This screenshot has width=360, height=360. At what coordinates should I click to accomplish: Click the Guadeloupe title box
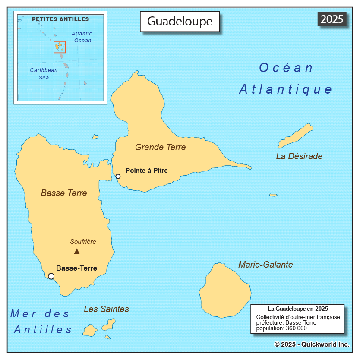coord(180,21)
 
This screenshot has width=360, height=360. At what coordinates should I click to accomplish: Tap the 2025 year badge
coord(332,19)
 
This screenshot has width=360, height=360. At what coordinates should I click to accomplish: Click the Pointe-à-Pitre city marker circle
coord(118,176)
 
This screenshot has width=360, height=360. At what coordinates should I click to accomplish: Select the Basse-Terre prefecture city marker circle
coord(51,276)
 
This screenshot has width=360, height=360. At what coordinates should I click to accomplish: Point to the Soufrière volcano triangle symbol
coord(77,251)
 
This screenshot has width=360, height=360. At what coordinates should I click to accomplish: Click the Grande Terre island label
coord(160,147)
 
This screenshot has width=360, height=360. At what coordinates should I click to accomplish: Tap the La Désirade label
coord(299,156)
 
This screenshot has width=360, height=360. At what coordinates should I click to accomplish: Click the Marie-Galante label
coord(265,265)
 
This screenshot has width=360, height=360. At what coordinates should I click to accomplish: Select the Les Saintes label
coord(106,309)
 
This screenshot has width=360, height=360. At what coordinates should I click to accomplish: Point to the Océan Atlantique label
coord(286,79)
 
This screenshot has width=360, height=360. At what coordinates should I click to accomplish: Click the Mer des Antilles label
coord(41,322)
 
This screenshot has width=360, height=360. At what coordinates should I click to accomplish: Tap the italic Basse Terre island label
coord(64,193)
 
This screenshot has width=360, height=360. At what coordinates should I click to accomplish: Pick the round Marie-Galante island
coord(225,291)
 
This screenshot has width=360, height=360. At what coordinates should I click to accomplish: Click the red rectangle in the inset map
coord(60,47)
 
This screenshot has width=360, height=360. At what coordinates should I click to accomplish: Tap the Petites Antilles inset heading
coord(60,19)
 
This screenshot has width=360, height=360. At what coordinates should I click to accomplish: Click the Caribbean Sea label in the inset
coord(44,74)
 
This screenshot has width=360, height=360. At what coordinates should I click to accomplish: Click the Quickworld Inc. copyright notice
coord(311,344)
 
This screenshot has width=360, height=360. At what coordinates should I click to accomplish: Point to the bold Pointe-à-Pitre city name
coord(146,171)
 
